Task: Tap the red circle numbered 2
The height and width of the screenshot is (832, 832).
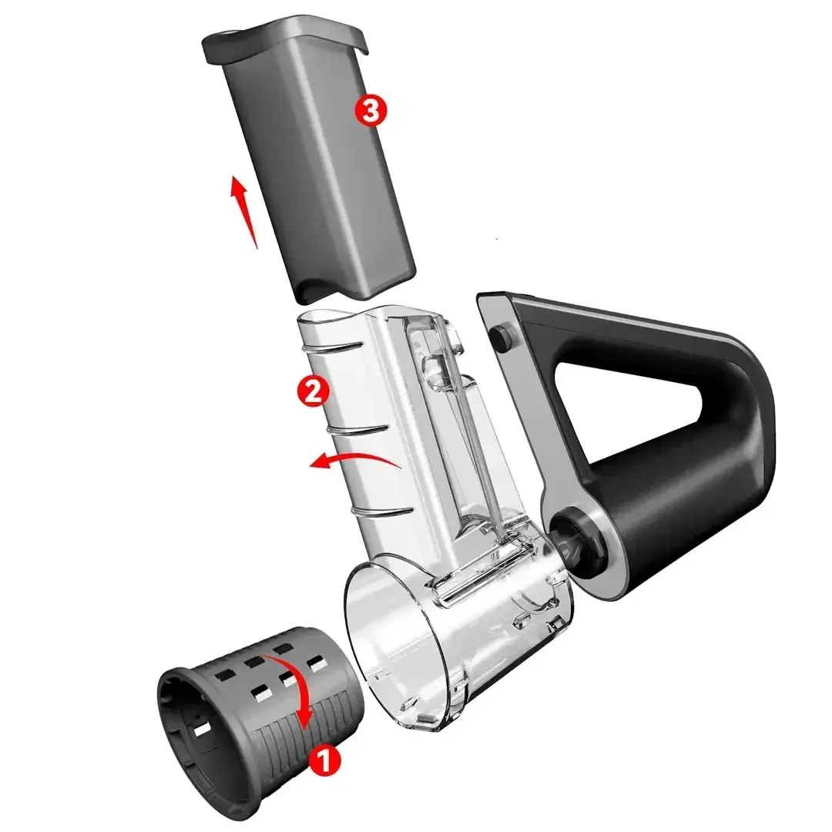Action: coord(313,391)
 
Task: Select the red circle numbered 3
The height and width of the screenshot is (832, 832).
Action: coord(371,111)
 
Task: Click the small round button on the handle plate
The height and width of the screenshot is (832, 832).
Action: coord(501,338)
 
